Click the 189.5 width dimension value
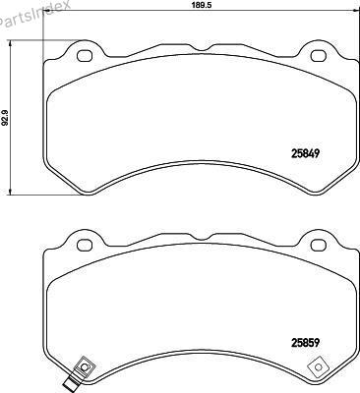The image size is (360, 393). [201, 5]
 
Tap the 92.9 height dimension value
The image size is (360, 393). [5, 118]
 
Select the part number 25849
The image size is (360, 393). [305, 153]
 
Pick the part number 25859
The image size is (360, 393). [305, 343]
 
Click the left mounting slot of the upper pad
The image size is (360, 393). [85, 56]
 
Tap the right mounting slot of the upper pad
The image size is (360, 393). [318, 56]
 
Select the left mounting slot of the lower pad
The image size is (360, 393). [85, 246]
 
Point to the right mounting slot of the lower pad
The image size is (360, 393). [318, 246]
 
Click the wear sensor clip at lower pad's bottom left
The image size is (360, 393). [84, 366]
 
